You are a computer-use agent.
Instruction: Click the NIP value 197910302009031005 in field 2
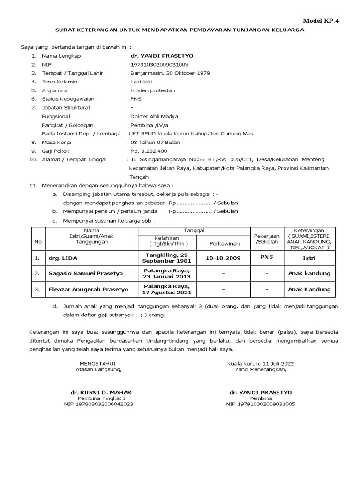pos(159,65)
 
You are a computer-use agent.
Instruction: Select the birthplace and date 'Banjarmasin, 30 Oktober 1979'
pos(170,73)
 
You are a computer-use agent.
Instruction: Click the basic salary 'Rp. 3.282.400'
pos(148,151)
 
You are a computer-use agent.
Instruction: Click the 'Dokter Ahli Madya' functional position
pos(154,116)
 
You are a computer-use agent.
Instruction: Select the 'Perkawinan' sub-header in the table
pos(224,244)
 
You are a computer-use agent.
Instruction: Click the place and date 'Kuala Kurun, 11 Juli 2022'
pos(262,363)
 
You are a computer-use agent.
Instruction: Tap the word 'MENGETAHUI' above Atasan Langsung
pos(99,363)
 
